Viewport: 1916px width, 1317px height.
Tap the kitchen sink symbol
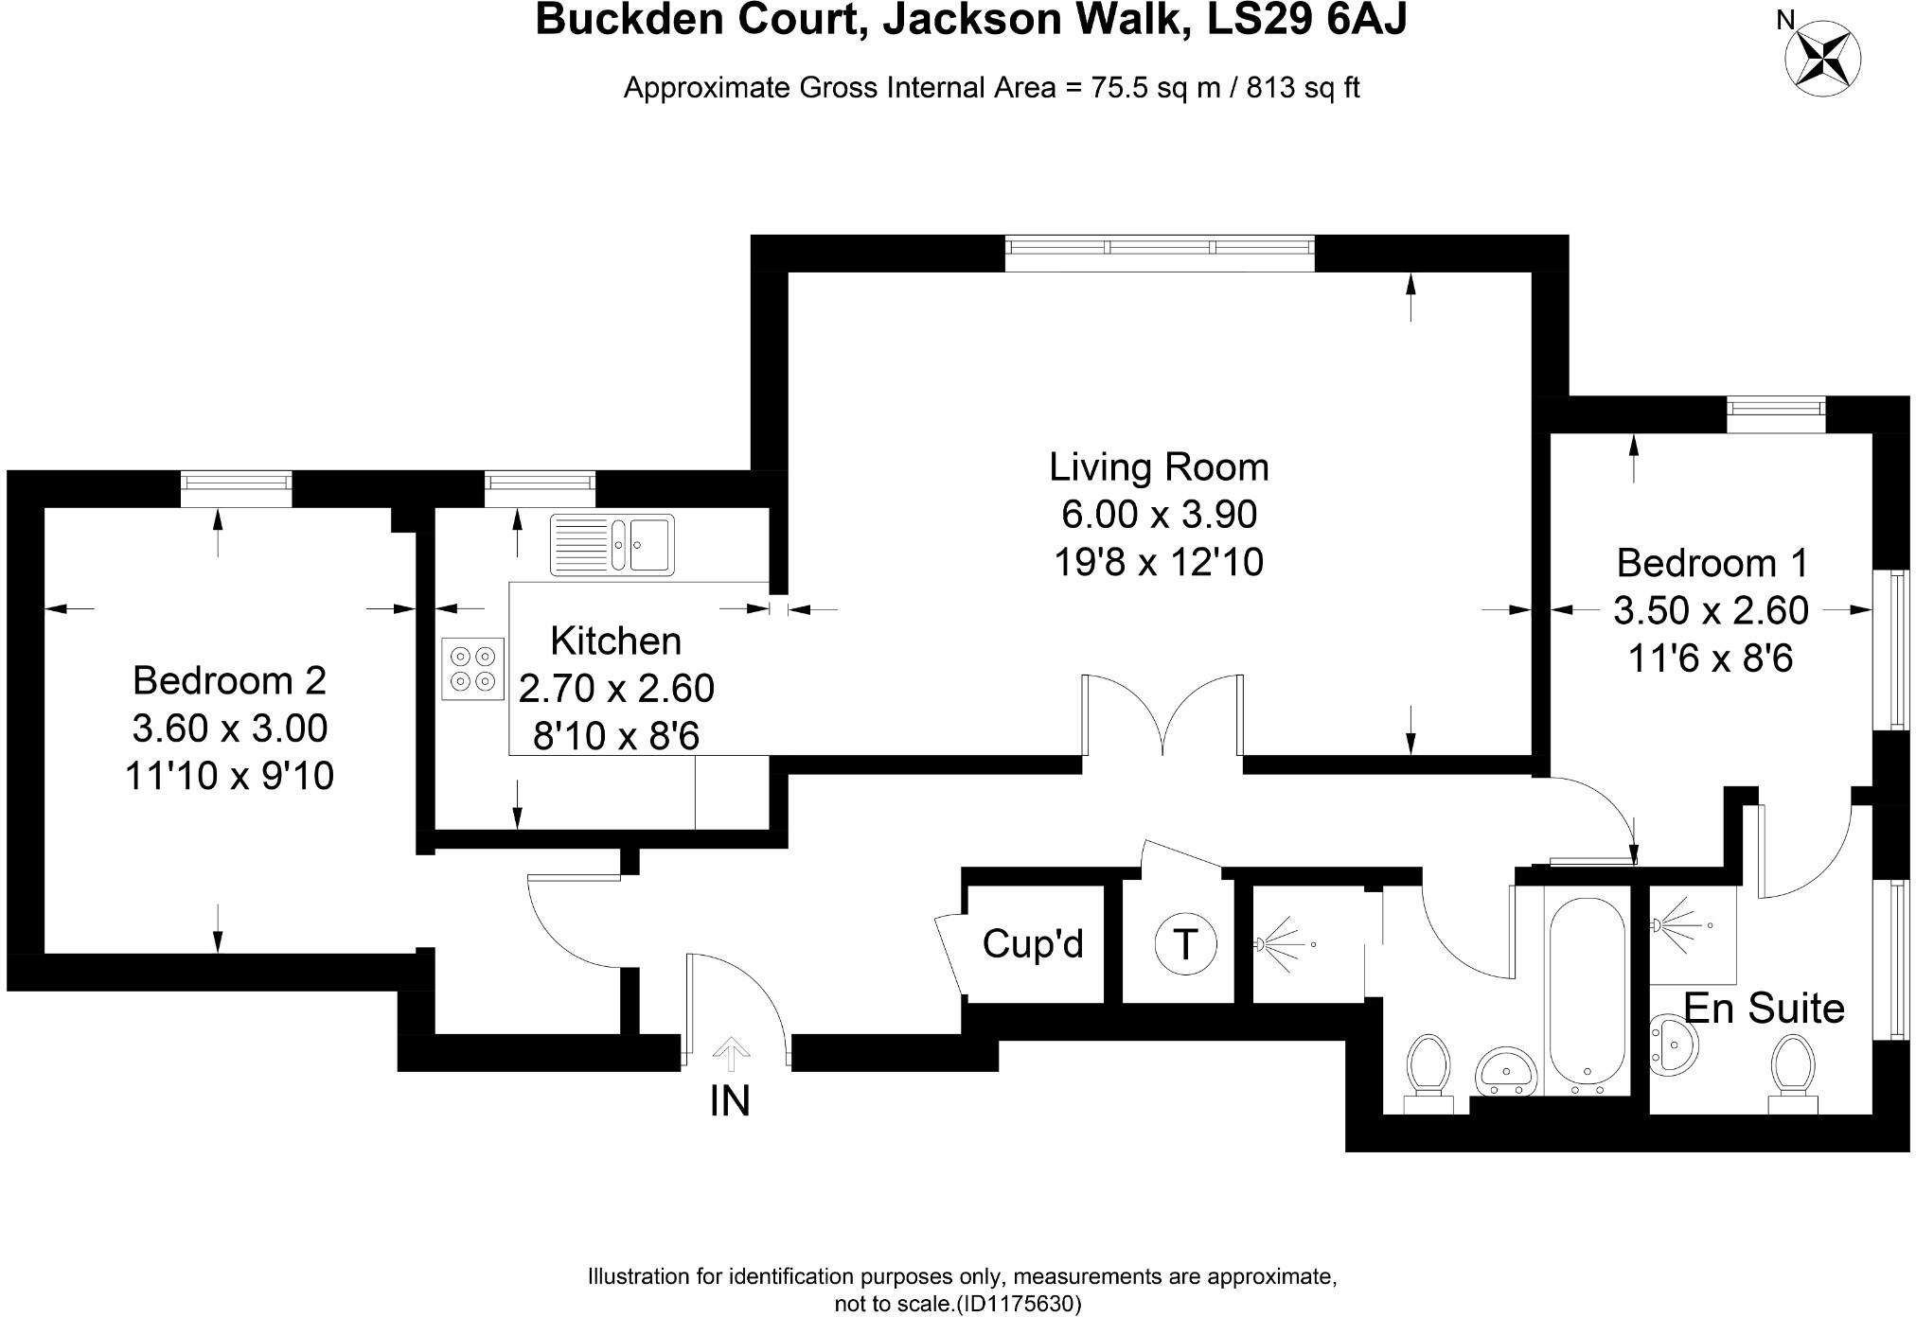[612, 545]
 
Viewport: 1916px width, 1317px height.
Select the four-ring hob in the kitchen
[472, 668]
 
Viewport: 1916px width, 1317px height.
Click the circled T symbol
[1185, 943]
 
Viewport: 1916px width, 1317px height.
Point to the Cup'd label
[1033, 943]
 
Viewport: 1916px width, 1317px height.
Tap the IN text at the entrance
[730, 1101]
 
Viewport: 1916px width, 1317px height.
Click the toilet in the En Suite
[1792, 1074]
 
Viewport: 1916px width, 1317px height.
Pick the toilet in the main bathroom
[1428, 1074]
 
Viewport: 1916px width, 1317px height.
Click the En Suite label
[1765, 1009]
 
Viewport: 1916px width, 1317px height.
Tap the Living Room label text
[1159, 467]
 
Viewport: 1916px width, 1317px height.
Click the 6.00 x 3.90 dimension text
[1159, 515]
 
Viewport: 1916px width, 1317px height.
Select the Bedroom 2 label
[229, 680]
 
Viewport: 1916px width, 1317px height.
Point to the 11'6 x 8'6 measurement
[1711, 658]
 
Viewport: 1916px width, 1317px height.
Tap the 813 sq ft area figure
[1303, 88]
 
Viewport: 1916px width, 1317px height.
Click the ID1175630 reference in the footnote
[1018, 1304]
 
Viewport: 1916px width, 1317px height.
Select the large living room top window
[1160, 247]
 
